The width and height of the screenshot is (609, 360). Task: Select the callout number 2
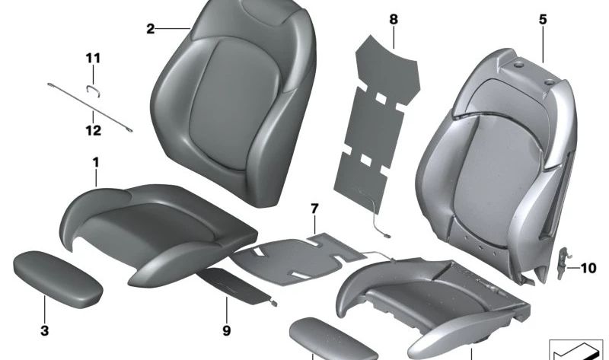click(151, 29)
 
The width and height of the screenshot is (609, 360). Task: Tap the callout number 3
click(44, 330)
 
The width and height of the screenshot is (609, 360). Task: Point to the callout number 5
click(543, 21)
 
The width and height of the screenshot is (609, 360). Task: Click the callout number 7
click(314, 208)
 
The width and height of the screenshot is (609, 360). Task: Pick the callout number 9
click(226, 331)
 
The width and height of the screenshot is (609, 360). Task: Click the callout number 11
click(93, 58)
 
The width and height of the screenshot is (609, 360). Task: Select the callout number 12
click(93, 129)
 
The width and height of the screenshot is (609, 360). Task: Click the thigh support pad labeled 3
click(58, 278)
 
